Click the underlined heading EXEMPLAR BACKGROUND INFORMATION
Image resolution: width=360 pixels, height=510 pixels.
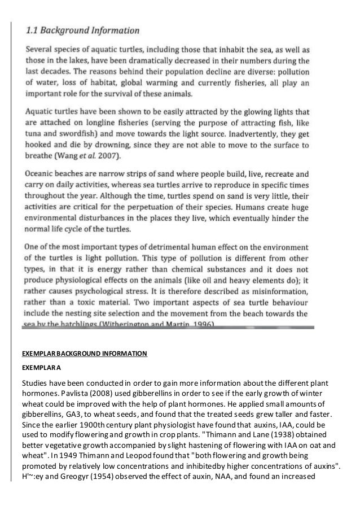[85, 354]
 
